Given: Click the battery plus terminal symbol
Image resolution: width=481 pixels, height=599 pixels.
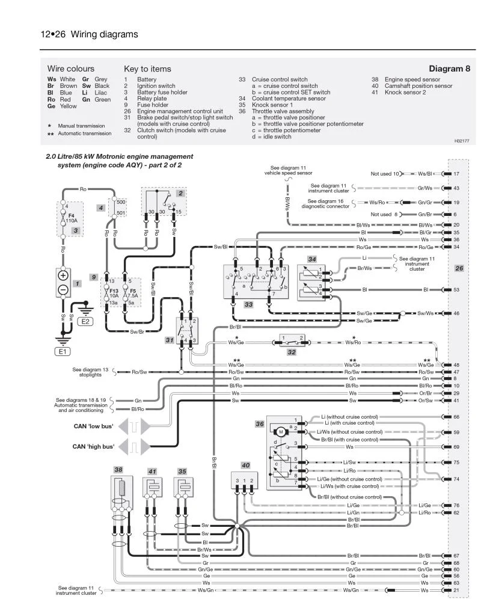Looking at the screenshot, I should click(63, 276).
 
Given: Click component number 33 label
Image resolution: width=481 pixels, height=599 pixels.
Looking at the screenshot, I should click(248, 305).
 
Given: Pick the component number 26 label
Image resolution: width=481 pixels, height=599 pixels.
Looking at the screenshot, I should click(459, 268).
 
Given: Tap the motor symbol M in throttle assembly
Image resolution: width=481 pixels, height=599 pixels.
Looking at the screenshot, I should click(280, 431).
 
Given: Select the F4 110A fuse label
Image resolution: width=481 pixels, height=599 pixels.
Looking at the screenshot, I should click(72, 218).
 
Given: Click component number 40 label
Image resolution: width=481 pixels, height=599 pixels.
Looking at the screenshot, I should click(245, 465).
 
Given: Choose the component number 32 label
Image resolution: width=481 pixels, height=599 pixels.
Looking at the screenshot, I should click(291, 352).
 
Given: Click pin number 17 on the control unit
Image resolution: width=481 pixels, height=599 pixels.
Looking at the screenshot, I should click(456, 174).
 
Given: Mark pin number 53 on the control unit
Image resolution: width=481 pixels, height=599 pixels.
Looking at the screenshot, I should click(456, 290).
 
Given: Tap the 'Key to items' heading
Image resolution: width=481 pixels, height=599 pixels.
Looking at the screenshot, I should click(147, 69).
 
